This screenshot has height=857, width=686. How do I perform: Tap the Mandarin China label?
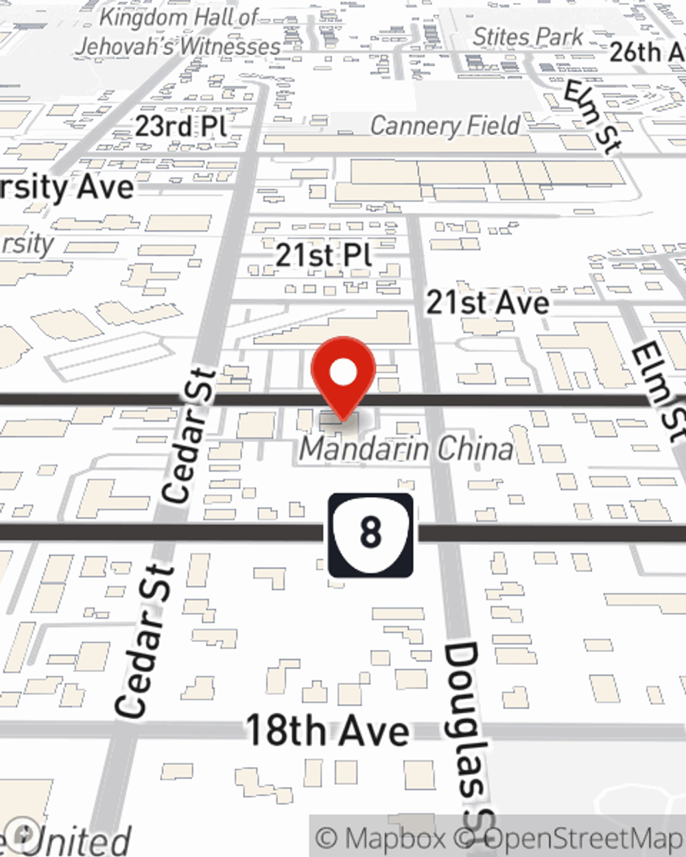pyautogui.click(x=407, y=449)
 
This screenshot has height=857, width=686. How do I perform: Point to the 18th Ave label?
pyautogui.click(x=327, y=731)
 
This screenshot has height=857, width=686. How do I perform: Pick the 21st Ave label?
pyautogui.click(x=488, y=302)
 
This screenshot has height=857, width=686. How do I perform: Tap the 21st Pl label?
pyautogui.click(x=324, y=256)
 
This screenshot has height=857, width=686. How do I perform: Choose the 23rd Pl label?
pyautogui.click(x=180, y=126)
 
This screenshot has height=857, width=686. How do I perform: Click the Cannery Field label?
pyautogui.click(x=445, y=125)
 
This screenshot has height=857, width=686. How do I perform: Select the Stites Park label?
pyautogui.click(x=528, y=36)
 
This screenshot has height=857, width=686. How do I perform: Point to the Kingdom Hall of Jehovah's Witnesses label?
pyautogui.click(x=178, y=32)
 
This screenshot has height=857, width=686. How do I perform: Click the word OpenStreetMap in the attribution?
pyautogui.click(x=583, y=838)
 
